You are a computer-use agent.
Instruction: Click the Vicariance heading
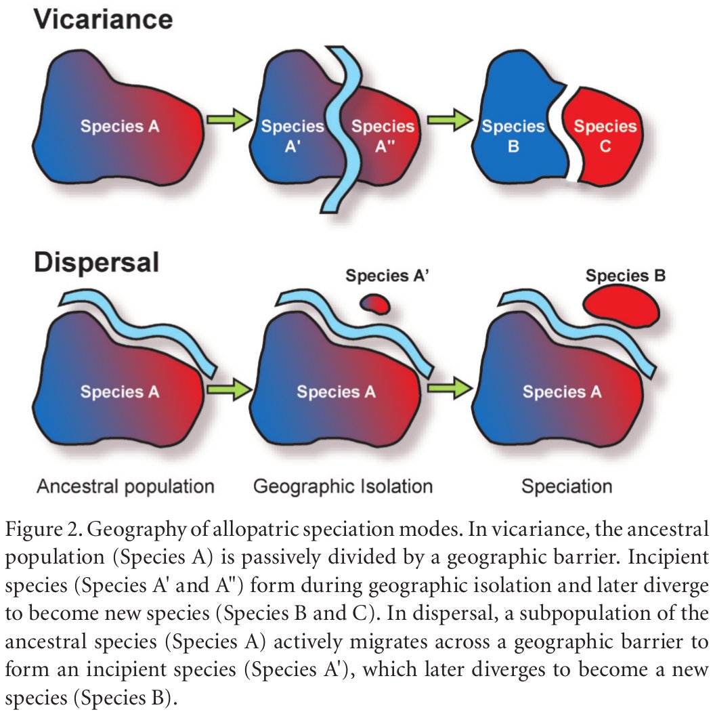click(104, 19)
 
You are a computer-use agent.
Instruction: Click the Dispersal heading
click(97, 261)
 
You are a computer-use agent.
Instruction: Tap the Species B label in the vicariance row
click(513, 135)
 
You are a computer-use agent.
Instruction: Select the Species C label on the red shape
click(605, 135)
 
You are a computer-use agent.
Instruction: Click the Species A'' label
click(383, 135)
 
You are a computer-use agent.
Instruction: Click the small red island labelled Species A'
click(374, 304)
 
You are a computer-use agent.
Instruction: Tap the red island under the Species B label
click(622, 305)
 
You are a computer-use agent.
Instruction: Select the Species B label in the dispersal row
click(626, 276)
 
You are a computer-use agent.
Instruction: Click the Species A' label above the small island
click(388, 276)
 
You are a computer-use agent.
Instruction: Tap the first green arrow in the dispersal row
click(227, 390)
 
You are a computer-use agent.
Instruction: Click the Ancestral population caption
click(125, 486)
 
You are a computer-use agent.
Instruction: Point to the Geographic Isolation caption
click(343, 486)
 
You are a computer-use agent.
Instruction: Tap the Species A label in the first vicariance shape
click(120, 126)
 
